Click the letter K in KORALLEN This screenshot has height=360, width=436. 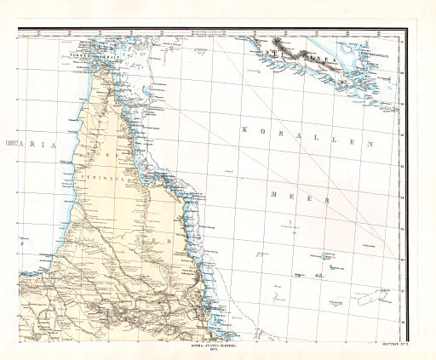point(245,129)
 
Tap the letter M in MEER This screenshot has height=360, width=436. point(272,194)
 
